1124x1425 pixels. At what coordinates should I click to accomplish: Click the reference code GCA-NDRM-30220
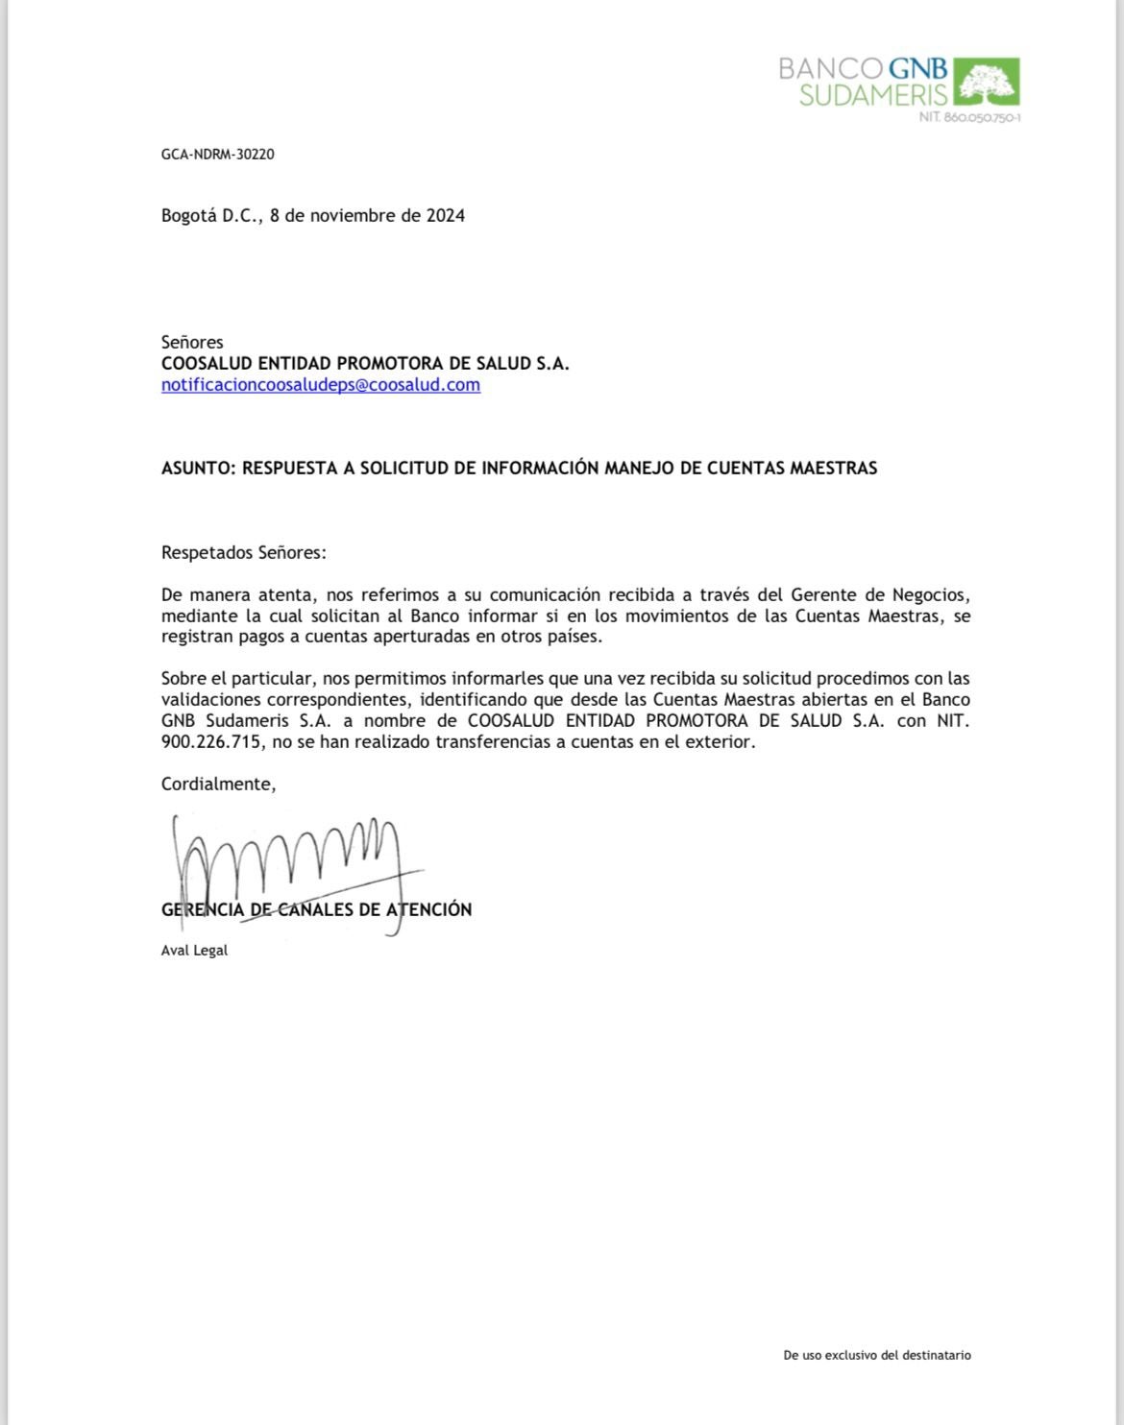point(218,154)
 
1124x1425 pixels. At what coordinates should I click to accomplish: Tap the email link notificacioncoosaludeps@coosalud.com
point(321,385)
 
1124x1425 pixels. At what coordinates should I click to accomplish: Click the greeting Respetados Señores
point(244,553)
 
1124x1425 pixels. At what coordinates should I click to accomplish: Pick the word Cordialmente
point(218,785)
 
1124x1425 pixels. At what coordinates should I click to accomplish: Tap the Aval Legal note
point(194,951)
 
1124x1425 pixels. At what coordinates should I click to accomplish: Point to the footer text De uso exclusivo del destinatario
point(877,1356)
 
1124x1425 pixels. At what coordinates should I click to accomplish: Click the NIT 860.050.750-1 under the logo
point(969,117)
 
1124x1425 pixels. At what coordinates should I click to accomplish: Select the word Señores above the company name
point(192,342)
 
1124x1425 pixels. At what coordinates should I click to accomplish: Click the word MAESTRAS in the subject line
point(833,469)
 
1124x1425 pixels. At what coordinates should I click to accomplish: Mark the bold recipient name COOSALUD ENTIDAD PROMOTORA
point(365,363)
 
